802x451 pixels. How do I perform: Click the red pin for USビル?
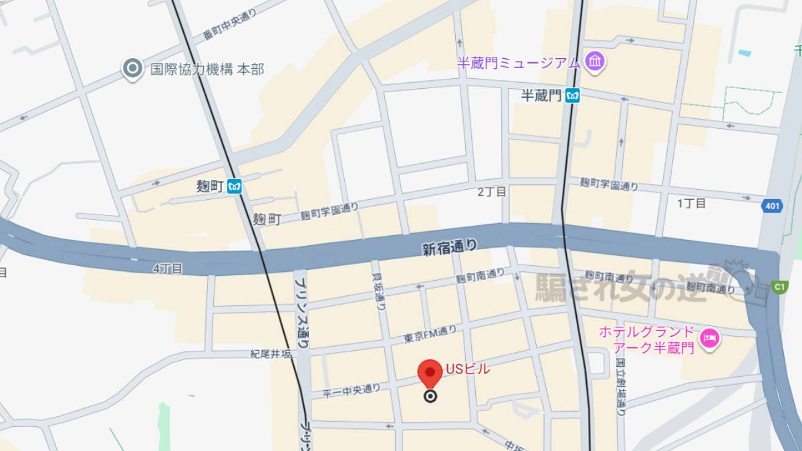click(430, 372)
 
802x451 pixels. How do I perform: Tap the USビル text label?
click(468, 369)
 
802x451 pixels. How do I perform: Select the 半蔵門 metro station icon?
click(572, 96)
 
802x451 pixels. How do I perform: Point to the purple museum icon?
click(593, 62)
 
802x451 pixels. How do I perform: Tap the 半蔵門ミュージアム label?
click(518, 63)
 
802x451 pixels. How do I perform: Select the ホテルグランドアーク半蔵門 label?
click(646, 339)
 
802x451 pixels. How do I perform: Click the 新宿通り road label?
click(450, 248)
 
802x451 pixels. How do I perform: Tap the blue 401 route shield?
click(772, 206)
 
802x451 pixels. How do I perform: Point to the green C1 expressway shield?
click(779, 287)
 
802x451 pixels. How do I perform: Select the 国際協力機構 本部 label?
click(207, 69)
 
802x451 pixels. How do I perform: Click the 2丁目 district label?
click(491, 192)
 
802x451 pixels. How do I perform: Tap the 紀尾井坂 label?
click(271, 354)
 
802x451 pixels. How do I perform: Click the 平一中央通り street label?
click(351, 390)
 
